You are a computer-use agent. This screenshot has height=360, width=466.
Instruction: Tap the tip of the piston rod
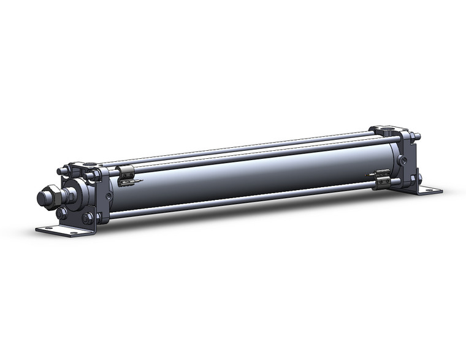42,199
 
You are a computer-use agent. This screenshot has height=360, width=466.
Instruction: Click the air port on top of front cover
91,164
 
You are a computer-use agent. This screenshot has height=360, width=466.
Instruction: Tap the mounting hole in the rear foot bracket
438,191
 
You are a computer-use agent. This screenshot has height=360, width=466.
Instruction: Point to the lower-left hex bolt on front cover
62,213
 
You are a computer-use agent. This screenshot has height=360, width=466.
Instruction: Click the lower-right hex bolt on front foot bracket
87,218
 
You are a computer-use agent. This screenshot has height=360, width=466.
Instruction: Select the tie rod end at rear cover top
416,136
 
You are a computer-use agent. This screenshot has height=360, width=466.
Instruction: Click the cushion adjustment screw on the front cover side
109,197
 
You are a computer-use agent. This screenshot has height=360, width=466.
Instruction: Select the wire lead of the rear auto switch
369,175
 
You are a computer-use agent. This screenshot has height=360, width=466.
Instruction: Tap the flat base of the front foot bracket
64,231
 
